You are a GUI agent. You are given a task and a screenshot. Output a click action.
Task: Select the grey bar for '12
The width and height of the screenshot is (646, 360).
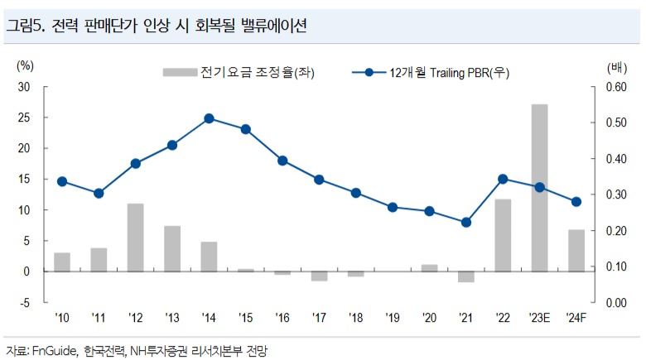pos(136,238)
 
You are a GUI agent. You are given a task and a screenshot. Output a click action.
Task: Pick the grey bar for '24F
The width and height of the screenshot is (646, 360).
pos(576,250)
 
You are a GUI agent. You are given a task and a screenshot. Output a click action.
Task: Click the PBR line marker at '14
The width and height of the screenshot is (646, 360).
pos(209,118)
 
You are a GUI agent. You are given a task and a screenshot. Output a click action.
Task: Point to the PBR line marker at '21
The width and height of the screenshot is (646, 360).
pos(466,222)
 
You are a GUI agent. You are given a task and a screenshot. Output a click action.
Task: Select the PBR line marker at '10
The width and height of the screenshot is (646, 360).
pos(62,181)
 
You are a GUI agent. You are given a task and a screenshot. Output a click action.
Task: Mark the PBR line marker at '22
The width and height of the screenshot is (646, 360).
pos(503,179)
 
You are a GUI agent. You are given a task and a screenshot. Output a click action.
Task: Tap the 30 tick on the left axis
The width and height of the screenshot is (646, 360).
pos(24,87)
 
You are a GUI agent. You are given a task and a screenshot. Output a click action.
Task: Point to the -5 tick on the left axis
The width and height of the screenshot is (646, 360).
pos(25,303)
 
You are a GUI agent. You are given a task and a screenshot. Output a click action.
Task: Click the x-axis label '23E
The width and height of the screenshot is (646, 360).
pos(539,317)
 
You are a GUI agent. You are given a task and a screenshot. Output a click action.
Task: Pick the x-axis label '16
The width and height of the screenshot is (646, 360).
pos(282,317)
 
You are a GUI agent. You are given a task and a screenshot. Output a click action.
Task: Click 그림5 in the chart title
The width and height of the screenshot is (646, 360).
pos(26,26)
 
